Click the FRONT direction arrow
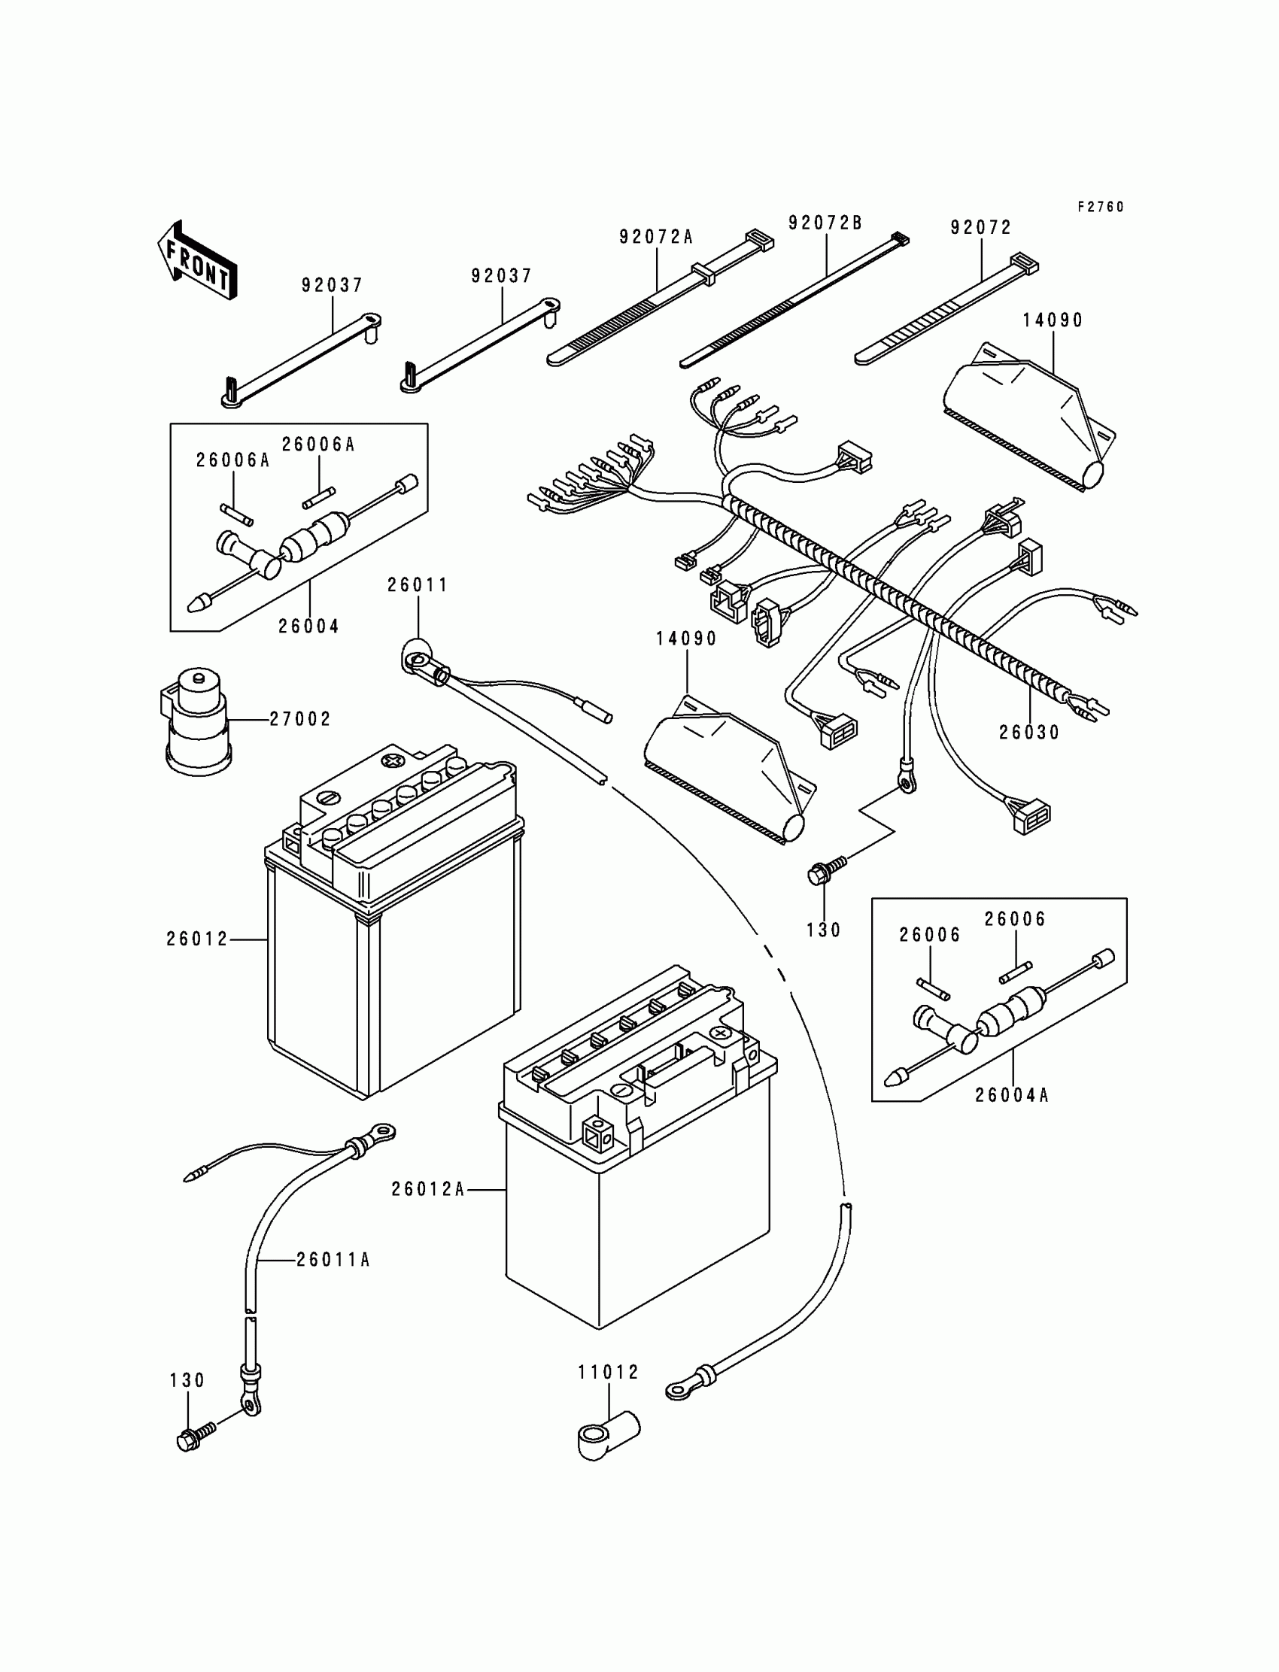(x=196, y=261)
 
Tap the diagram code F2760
(x=1100, y=207)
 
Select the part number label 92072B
(x=825, y=223)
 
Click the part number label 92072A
(x=656, y=237)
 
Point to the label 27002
(x=300, y=719)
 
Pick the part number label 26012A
(x=428, y=1188)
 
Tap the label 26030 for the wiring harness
(x=1029, y=732)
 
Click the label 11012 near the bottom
(x=609, y=1372)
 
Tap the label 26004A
(x=1012, y=1095)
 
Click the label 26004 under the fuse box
(x=308, y=627)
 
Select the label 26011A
(x=333, y=1261)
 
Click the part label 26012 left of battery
(x=197, y=940)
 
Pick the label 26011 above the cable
(x=418, y=585)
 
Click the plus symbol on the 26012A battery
(x=720, y=1033)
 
